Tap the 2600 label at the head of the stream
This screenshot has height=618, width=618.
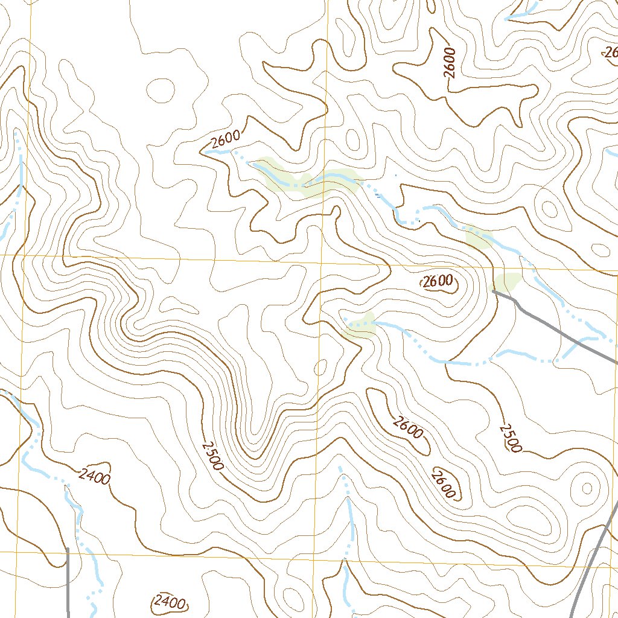pos(225,139)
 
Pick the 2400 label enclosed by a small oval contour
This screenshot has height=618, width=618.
pos(169,602)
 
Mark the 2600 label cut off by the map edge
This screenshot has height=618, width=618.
pos(610,53)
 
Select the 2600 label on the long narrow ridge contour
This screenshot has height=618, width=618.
pos(407,427)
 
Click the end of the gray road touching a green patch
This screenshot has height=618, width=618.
pos(494,291)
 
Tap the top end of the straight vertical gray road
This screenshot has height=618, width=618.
pos(68,549)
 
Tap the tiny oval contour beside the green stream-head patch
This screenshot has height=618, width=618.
pos(321,366)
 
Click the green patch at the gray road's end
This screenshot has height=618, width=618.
pos(507,281)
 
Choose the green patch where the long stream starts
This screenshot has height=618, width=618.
pos(359,326)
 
